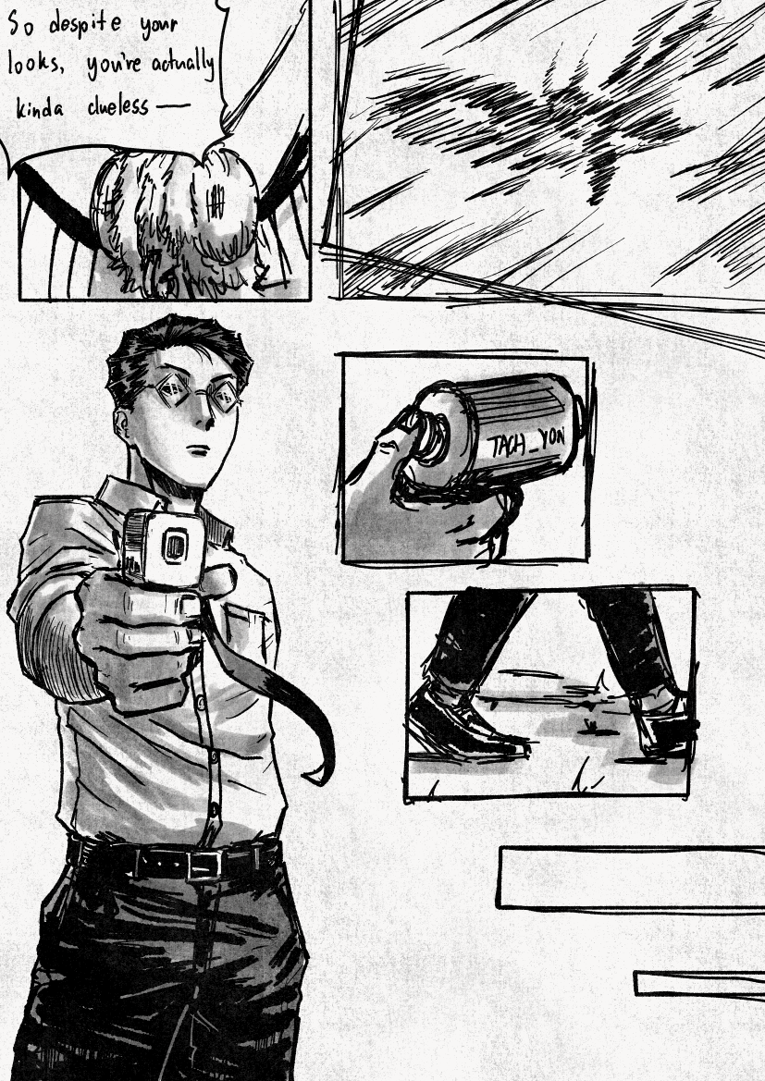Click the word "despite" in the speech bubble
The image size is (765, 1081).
coord(84,26)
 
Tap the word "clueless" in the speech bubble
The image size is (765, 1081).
coord(117,104)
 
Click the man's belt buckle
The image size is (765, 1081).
coord(204,866)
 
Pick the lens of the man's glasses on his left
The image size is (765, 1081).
coord(227,397)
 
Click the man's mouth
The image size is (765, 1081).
coord(200,449)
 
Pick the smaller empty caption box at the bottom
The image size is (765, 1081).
coord(699,983)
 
